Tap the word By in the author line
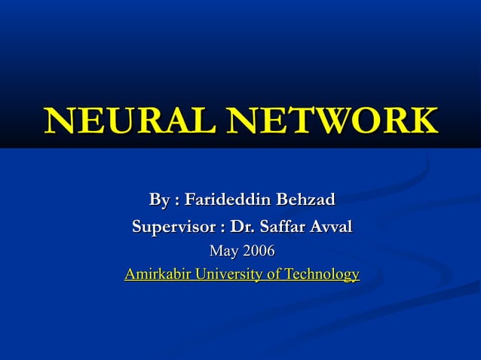pos(158,200)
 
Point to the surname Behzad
pos(305,200)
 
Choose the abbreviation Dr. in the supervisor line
pos(244,226)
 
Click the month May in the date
pos(223,250)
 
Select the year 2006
pos(258,250)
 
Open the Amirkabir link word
pos(157,274)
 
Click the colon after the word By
pos(176,202)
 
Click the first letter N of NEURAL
pos(60,121)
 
